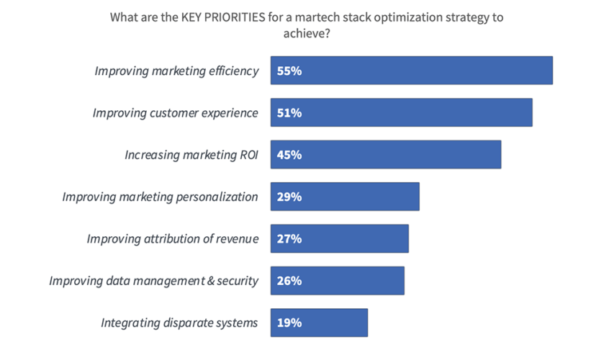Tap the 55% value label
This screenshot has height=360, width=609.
289,71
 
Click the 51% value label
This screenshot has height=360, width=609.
289,112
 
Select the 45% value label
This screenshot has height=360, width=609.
289,155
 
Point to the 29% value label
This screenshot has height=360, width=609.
289,197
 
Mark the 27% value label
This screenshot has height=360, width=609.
289,238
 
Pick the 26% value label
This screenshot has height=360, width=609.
289,281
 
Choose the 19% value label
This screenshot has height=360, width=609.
289,323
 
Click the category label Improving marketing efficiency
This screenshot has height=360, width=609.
176,71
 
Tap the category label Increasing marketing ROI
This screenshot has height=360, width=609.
191,155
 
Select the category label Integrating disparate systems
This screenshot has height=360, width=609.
179,323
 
